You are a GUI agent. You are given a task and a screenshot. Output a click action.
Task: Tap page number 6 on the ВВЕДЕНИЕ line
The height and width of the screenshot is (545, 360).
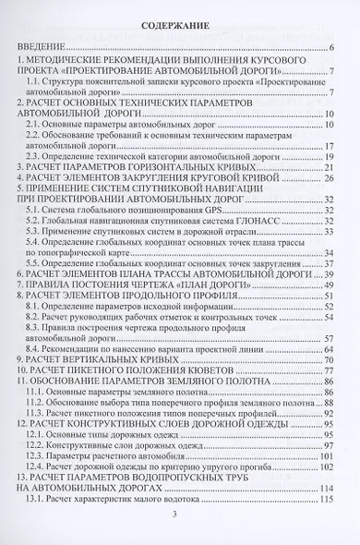click(x=330, y=45)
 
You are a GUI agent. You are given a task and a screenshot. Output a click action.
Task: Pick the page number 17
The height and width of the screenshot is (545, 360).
click(x=328, y=144)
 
